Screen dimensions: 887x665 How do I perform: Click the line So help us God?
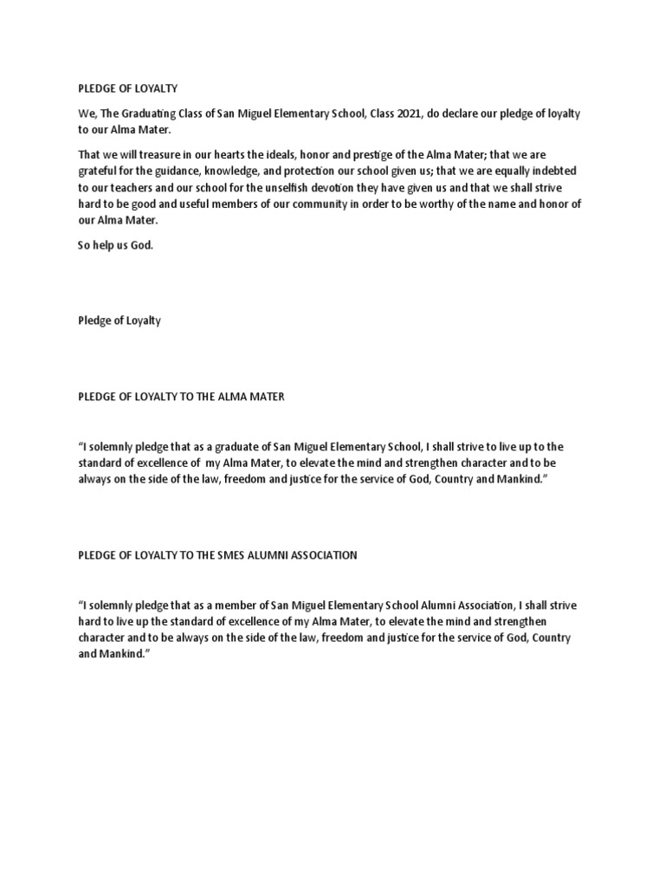pyautogui.click(x=114, y=245)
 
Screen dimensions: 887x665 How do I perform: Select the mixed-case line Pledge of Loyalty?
pyautogui.click(x=119, y=320)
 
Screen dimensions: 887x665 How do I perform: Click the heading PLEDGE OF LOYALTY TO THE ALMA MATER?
pyautogui.click(x=181, y=396)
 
